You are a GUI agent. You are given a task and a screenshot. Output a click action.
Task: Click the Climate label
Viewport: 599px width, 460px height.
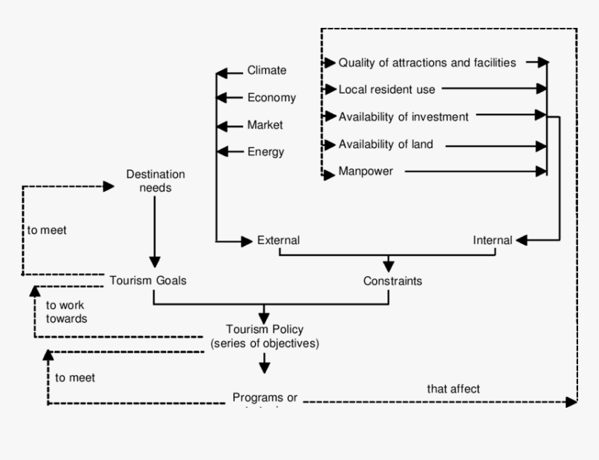point(267,70)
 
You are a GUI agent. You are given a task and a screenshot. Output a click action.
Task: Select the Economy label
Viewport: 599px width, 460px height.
point(271,98)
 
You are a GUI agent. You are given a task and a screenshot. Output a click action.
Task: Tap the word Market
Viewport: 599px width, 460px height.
point(265,125)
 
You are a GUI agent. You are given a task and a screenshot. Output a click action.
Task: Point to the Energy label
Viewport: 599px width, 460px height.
point(265,152)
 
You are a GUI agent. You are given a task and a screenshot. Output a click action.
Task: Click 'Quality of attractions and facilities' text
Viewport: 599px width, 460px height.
point(427,63)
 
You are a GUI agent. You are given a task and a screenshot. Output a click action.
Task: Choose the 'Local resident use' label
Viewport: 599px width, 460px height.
point(387,89)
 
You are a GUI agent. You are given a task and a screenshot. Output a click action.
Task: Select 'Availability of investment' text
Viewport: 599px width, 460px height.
point(403,117)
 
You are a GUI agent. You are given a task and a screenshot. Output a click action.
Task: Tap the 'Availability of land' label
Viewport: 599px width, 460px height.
point(386,144)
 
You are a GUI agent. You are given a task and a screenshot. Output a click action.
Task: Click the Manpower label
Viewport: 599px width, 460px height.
point(366,171)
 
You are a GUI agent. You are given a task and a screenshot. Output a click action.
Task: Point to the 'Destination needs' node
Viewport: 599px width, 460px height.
point(155,181)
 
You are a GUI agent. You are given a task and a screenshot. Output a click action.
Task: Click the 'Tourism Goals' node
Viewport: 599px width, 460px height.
point(148,280)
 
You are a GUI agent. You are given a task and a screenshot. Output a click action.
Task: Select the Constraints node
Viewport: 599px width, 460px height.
point(392,282)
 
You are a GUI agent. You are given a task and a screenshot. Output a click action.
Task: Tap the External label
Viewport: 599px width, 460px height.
point(278,240)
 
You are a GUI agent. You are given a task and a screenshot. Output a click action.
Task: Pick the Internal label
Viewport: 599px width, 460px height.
point(492,240)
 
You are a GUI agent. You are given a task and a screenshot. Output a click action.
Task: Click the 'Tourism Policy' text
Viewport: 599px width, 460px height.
point(265,329)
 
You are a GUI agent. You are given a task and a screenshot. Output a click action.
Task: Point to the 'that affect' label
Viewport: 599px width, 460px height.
point(453,389)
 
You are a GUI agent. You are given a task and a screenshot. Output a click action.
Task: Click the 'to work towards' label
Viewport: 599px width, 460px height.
point(66,312)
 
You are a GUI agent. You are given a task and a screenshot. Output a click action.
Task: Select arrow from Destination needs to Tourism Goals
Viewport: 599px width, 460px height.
point(155,230)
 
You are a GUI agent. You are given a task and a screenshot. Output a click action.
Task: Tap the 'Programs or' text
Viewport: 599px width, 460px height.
point(265,398)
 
